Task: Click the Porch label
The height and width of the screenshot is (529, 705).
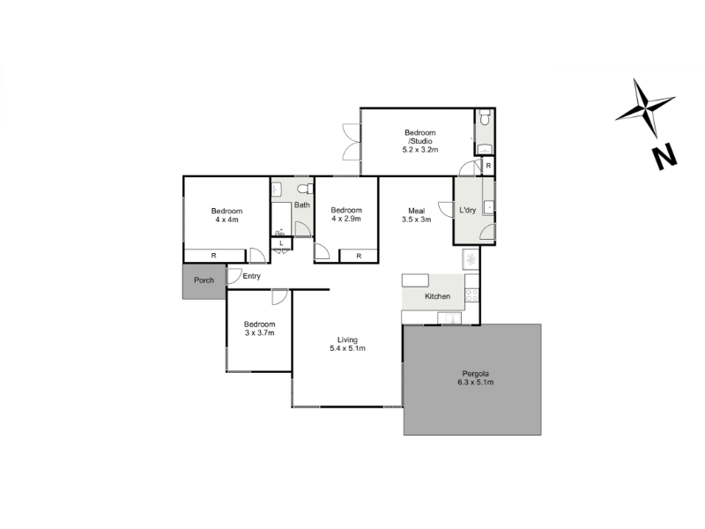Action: tap(204, 280)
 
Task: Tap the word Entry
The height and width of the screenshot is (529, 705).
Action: tap(251, 276)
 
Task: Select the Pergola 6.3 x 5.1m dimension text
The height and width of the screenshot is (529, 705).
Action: tap(475, 383)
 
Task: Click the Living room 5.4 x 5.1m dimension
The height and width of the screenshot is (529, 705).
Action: tap(347, 348)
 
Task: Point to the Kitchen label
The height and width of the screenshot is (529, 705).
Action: tap(437, 296)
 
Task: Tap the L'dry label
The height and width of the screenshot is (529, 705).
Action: tap(468, 210)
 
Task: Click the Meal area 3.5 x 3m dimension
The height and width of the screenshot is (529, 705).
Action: tap(416, 220)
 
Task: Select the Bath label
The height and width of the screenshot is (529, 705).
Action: tap(302, 205)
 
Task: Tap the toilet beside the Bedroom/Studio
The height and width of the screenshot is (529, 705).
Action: tap(485, 117)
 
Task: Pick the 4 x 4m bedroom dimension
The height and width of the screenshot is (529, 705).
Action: tap(226, 220)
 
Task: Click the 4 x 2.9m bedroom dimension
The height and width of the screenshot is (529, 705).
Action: tap(346, 219)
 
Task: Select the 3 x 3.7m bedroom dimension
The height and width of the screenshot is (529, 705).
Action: tap(259, 333)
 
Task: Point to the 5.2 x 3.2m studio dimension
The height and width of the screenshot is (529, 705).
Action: tap(420, 149)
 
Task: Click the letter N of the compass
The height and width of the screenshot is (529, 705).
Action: tap(664, 156)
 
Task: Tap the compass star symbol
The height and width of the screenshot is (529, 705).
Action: tap(645, 108)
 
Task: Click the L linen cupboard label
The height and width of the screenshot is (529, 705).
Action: tap(281, 243)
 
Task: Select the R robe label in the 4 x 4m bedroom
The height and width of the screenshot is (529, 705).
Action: tap(214, 256)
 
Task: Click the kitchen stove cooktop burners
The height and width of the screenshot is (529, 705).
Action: tap(471, 295)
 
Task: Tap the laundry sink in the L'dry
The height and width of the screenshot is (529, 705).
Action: tap(488, 207)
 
